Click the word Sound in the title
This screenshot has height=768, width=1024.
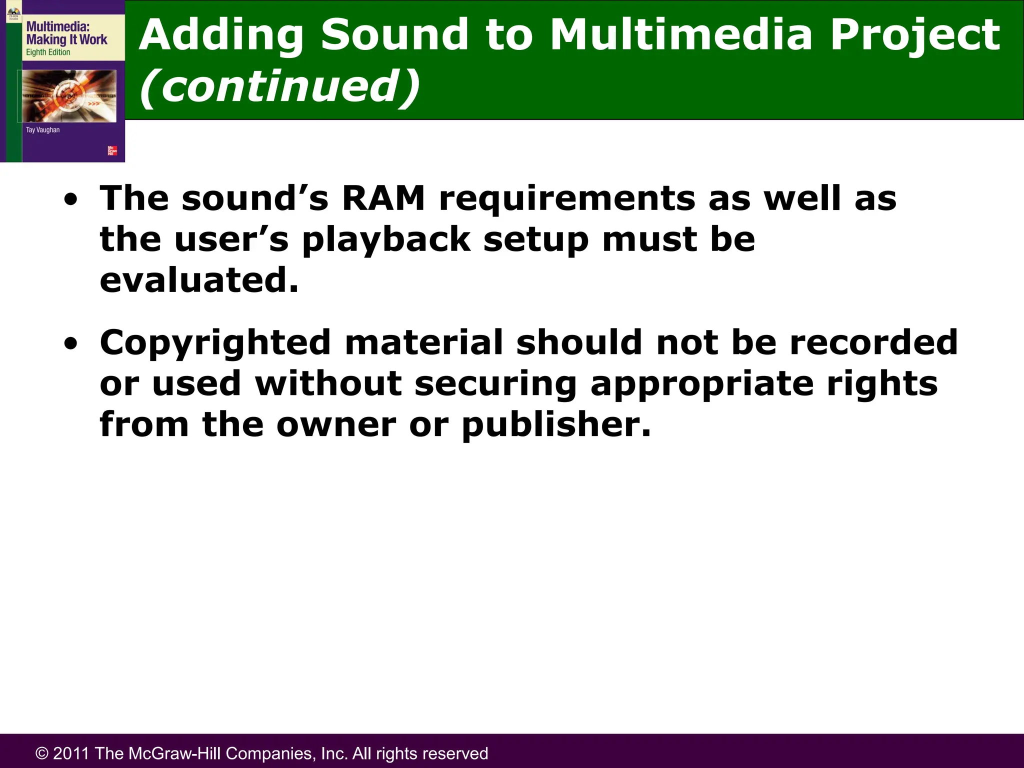pos(394,35)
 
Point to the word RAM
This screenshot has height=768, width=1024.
pos(383,198)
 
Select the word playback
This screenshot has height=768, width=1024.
pos(386,240)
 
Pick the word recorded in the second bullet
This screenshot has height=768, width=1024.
pos(873,342)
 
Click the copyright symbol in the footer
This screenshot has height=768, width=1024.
pos(42,753)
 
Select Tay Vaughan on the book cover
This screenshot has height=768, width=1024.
pos(42,130)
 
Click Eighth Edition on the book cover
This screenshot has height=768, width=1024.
pos(48,52)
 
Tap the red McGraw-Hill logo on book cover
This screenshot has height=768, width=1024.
pos(112,150)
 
